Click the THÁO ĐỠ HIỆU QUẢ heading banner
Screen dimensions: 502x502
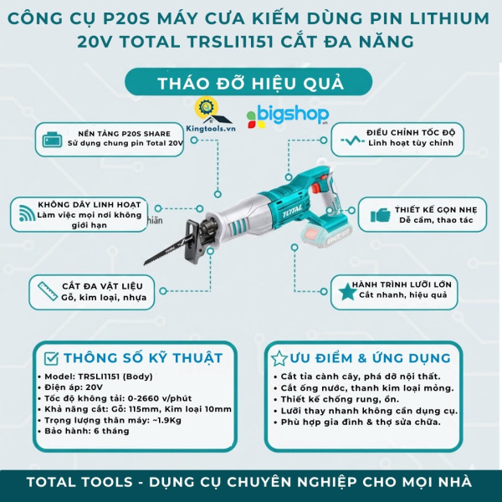[x=251, y=83]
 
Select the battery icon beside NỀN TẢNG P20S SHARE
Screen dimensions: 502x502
[x=52, y=138]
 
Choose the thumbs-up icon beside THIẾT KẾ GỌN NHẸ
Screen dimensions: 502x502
[x=381, y=215]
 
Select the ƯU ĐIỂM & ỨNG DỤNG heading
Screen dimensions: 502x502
[x=368, y=357]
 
